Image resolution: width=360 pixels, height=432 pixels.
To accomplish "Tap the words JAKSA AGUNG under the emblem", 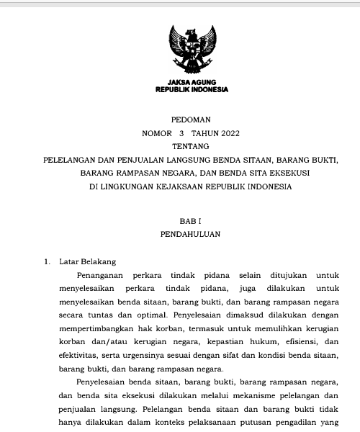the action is [192, 82].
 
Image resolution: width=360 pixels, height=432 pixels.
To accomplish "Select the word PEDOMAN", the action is [191, 120].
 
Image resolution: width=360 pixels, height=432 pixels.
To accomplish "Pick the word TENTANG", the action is [191, 146].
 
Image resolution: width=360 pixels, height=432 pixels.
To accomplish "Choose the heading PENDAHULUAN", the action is [191, 234].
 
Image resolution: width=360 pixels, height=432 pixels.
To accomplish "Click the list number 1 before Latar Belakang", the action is [47, 261].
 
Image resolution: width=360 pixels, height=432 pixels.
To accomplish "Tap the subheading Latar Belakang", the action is [88, 261].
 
